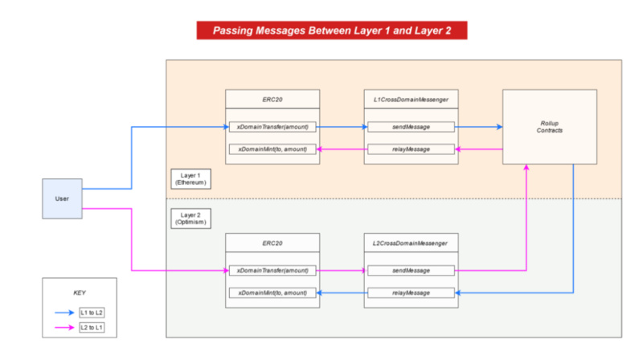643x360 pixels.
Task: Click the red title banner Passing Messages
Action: tap(331, 31)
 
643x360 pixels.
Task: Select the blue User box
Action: tap(63, 198)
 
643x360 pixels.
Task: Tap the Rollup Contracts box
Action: tap(549, 127)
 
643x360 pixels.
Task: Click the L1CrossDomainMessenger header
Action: tap(411, 99)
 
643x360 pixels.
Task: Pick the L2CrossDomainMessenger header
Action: tap(411, 242)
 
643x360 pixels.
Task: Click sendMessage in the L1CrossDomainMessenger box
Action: tap(411, 127)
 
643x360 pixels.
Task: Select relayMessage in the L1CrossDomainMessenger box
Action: tap(411, 149)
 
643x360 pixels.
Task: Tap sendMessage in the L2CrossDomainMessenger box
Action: tap(411, 270)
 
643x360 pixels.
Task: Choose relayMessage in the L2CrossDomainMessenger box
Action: tap(411, 292)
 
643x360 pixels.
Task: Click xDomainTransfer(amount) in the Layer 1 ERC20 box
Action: tap(273, 127)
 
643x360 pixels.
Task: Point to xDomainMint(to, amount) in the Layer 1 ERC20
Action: tap(273, 149)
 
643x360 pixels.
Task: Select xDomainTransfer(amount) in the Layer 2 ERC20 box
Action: tap(273, 270)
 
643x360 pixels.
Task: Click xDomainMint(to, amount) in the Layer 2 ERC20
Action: tap(273, 292)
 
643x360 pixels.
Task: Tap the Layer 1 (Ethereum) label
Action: tap(190, 178)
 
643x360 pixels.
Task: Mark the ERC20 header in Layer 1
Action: tap(273, 99)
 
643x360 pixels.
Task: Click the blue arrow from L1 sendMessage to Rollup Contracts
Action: tap(479, 127)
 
